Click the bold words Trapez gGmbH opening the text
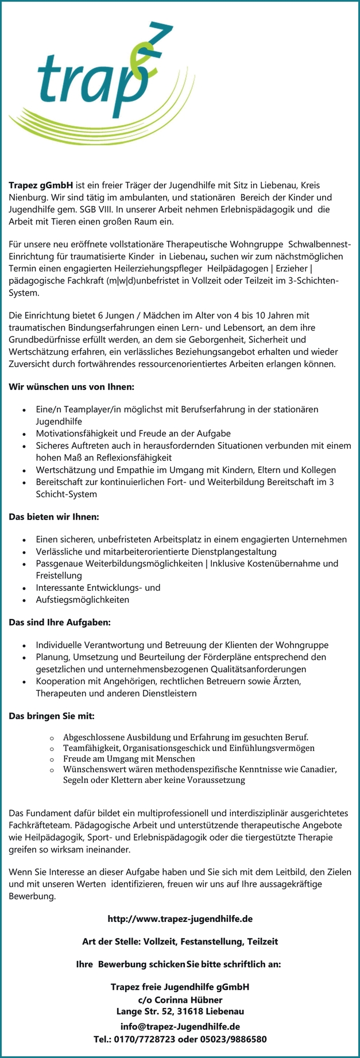[41, 185]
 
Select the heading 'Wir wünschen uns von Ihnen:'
[71, 387]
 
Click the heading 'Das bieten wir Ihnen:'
[54, 517]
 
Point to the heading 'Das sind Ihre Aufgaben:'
[60, 622]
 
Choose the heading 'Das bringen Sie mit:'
[52, 716]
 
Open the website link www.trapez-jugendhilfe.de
[180, 919]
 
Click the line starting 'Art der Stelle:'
[180, 941]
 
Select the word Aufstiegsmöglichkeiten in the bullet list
[82, 599]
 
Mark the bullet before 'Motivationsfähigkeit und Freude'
[23, 433]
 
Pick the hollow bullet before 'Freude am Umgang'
[52, 759]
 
